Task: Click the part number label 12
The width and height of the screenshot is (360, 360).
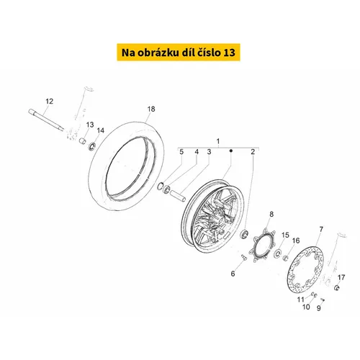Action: (50, 102)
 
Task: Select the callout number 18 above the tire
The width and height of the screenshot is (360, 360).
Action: (151, 109)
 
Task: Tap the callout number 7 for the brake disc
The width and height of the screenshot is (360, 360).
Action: (321, 229)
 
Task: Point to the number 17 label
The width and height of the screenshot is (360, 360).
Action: (341, 277)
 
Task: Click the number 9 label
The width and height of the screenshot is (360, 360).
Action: (319, 308)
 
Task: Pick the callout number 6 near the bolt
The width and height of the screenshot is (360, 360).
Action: (233, 274)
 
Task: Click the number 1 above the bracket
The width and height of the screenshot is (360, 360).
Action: (218, 141)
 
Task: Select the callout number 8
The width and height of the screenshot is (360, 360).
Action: (271, 214)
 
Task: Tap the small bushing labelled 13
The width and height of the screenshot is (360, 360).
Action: (83, 140)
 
